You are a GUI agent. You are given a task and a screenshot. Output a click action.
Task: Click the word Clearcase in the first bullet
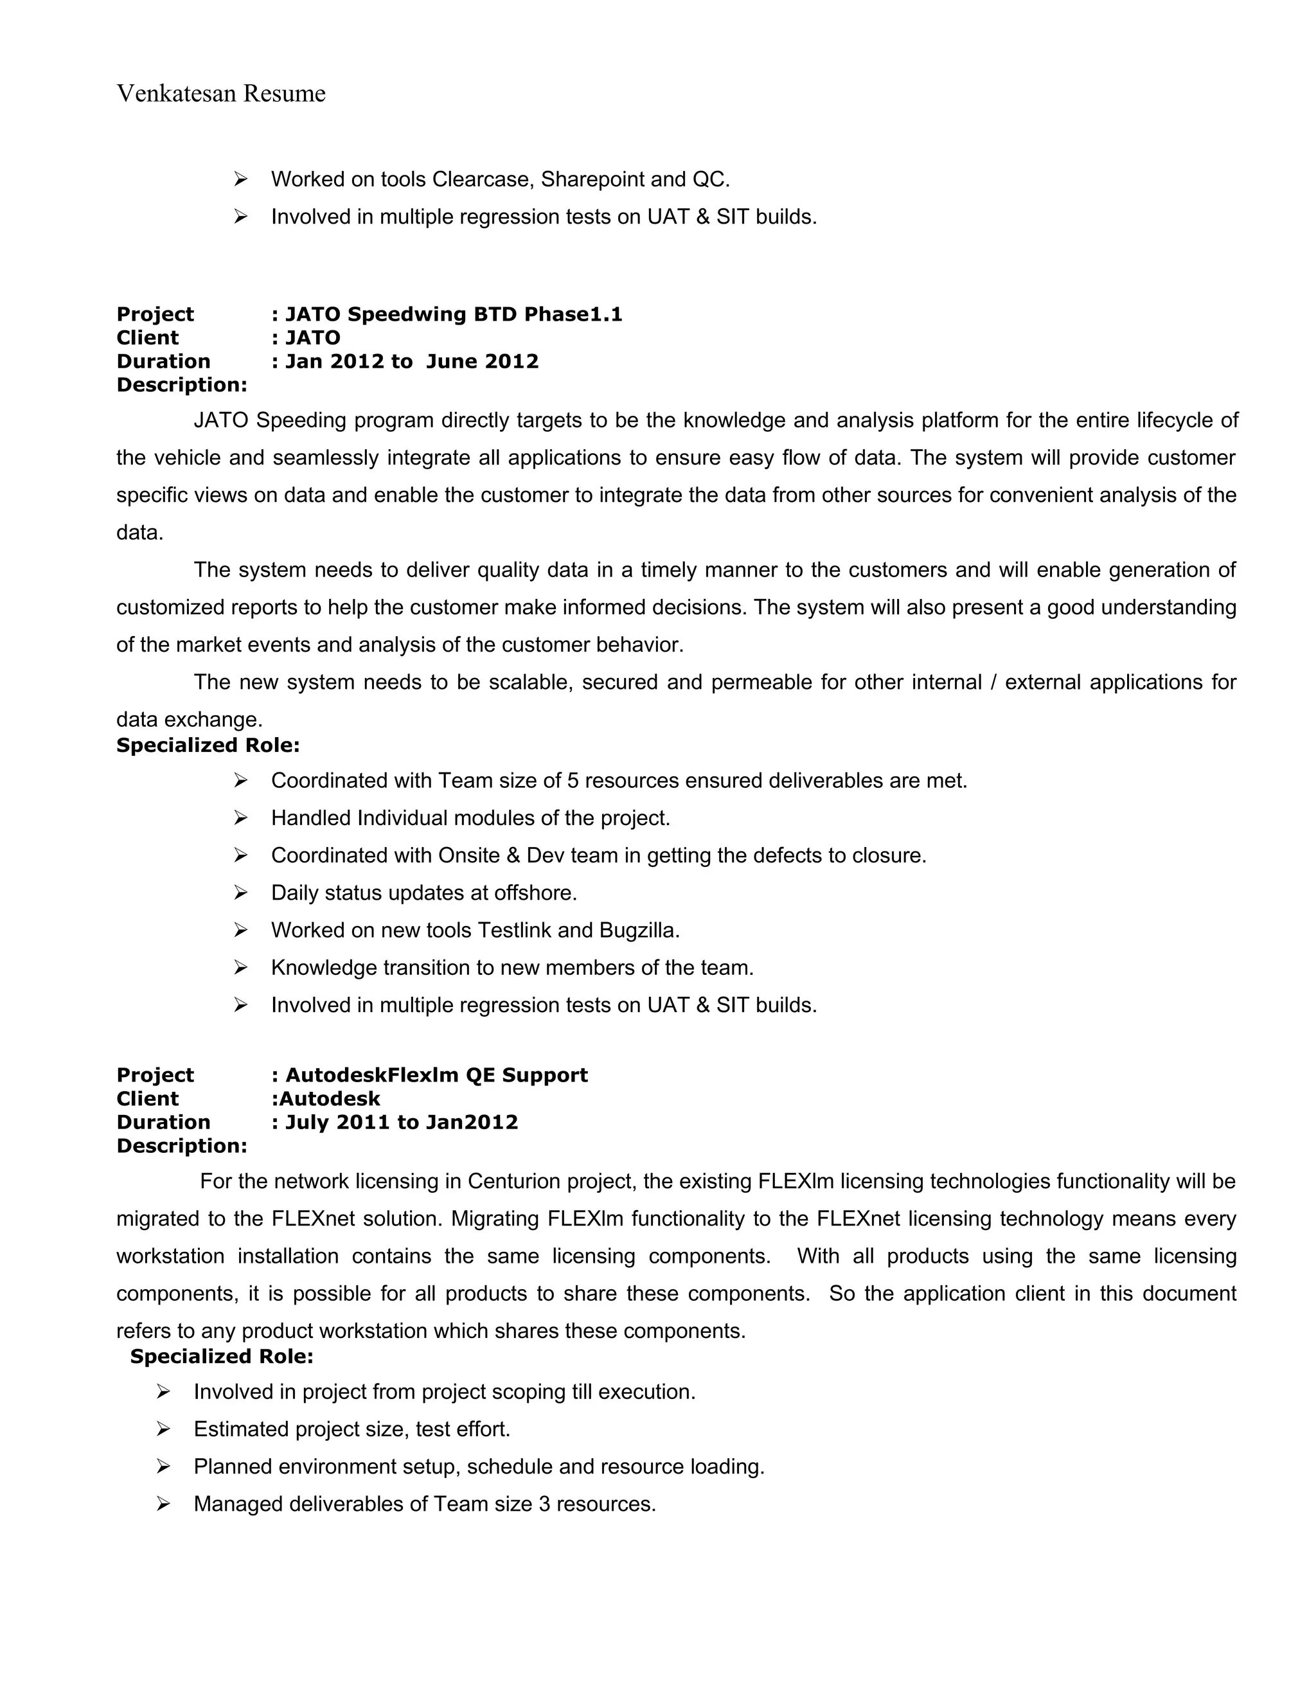pos(482,179)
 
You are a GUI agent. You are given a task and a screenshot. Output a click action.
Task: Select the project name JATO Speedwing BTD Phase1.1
pos(454,314)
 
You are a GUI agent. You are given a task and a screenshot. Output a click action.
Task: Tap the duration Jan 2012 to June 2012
pos(412,361)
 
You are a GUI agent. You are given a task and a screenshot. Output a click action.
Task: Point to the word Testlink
pos(514,931)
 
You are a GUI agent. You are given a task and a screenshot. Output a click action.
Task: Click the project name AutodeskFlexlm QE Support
pos(436,1075)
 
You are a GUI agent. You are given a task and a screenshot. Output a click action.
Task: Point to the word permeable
pos(761,682)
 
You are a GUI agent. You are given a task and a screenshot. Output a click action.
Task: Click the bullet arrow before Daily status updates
pos(240,892)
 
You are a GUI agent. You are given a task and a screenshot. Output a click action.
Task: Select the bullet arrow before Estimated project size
pos(163,1429)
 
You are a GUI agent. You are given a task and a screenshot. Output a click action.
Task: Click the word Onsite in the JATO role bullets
pos(468,855)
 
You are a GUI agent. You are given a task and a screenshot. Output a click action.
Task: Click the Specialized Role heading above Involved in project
pos(222,1356)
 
